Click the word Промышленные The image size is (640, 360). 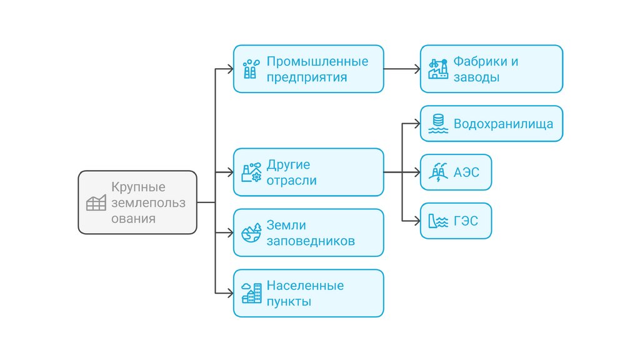(317, 61)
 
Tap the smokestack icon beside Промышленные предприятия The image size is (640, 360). (251, 69)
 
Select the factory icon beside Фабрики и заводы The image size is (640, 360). (437, 69)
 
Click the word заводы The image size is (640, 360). (476, 77)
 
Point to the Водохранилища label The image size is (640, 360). (503, 123)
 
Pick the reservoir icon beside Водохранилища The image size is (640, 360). (437, 124)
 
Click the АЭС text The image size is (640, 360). (466, 172)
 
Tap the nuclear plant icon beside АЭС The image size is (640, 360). (437, 172)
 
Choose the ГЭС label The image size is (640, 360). (466, 221)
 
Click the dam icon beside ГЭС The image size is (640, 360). (437, 221)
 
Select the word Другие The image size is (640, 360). (288, 165)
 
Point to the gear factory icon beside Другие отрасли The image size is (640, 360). (251, 172)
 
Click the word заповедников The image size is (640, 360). (311, 241)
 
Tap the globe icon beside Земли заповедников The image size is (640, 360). (251, 232)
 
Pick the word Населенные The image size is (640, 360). (305, 286)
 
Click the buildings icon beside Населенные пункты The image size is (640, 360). (251, 294)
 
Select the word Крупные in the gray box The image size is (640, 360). (138, 187)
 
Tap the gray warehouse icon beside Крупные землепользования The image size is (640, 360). (96, 202)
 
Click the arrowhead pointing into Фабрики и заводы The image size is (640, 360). (416, 69)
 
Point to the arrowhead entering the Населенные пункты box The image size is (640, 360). (229, 293)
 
